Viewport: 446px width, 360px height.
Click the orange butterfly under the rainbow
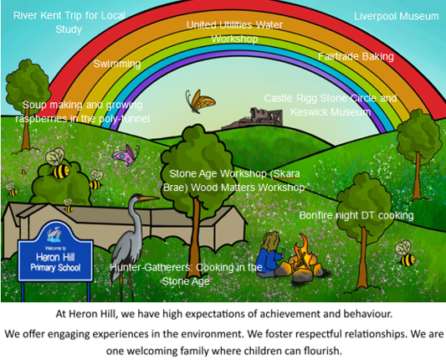(200, 101)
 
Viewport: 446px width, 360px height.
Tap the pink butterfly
(126, 155)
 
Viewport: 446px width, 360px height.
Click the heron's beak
(149, 198)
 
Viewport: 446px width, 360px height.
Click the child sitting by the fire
(269, 255)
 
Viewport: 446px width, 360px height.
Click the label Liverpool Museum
(397, 16)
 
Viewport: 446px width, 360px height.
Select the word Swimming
(117, 64)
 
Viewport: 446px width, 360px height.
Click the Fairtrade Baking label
(356, 57)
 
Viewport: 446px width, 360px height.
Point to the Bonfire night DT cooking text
(356, 215)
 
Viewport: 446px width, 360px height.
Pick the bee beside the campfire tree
(405, 254)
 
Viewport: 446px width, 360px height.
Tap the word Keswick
(308, 112)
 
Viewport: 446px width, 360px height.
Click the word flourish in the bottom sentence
(322, 350)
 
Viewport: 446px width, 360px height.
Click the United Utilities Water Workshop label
(234, 32)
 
